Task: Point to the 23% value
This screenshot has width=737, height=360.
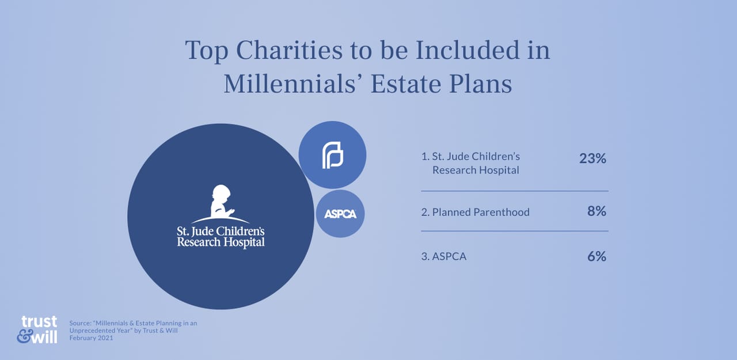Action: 592,158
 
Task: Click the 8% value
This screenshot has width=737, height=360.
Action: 597,211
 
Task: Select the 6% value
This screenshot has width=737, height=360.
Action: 597,256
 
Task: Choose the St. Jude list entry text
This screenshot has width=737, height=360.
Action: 470,163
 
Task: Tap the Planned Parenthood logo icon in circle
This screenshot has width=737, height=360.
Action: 332,154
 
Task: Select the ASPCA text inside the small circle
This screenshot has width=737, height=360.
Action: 340,214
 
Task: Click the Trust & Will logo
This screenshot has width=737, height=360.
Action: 37,329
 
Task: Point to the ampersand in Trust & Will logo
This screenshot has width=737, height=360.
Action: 24,337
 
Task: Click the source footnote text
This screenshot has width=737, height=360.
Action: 132,331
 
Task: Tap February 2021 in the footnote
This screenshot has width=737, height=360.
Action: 91,338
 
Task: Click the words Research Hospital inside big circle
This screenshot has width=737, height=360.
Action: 221,242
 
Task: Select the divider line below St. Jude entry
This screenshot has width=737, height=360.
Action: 514,191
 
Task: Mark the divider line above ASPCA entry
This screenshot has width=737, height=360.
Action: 514,231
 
